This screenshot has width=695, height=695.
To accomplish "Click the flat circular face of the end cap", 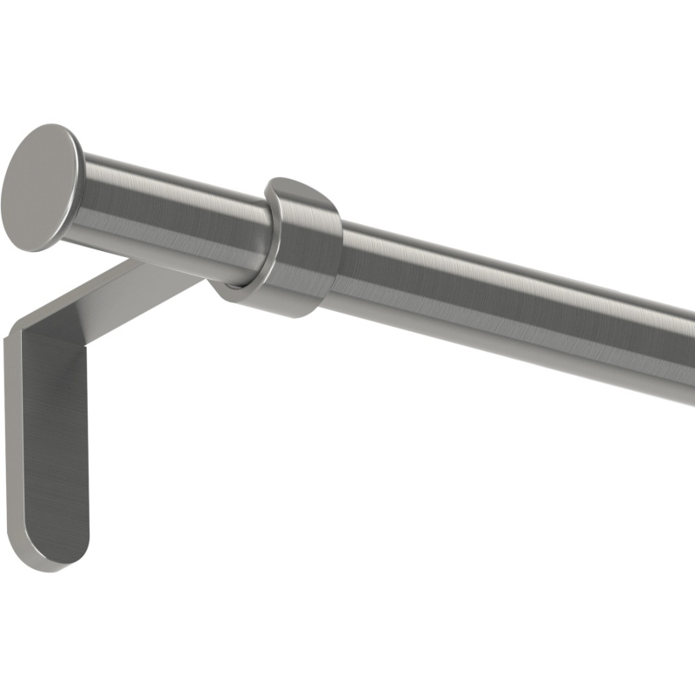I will (x=39, y=188).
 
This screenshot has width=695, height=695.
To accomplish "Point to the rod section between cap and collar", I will (x=174, y=217).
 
